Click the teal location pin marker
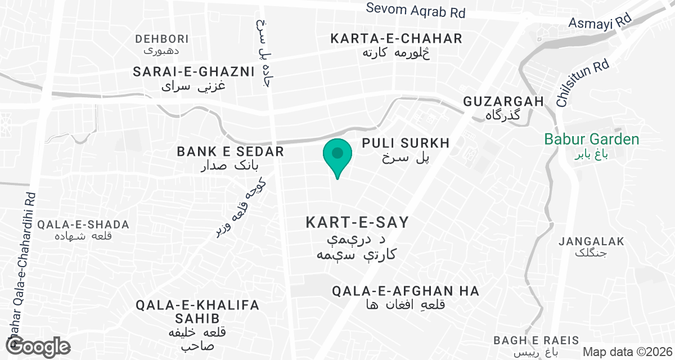click(337, 154)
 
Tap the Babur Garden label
click(592, 139)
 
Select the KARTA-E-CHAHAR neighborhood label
click(396, 39)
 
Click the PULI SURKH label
click(406, 143)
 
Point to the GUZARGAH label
click(503, 102)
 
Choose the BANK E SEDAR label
click(230, 152)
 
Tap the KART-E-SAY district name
click(357, 223)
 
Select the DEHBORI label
click(162, 39)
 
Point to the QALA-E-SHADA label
click(83, 225)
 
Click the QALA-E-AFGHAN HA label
click(405, 291)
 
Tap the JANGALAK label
click(592, 242)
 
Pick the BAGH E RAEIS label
click(535, 340)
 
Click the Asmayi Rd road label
click(600, 22)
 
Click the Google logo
click(39, 346)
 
